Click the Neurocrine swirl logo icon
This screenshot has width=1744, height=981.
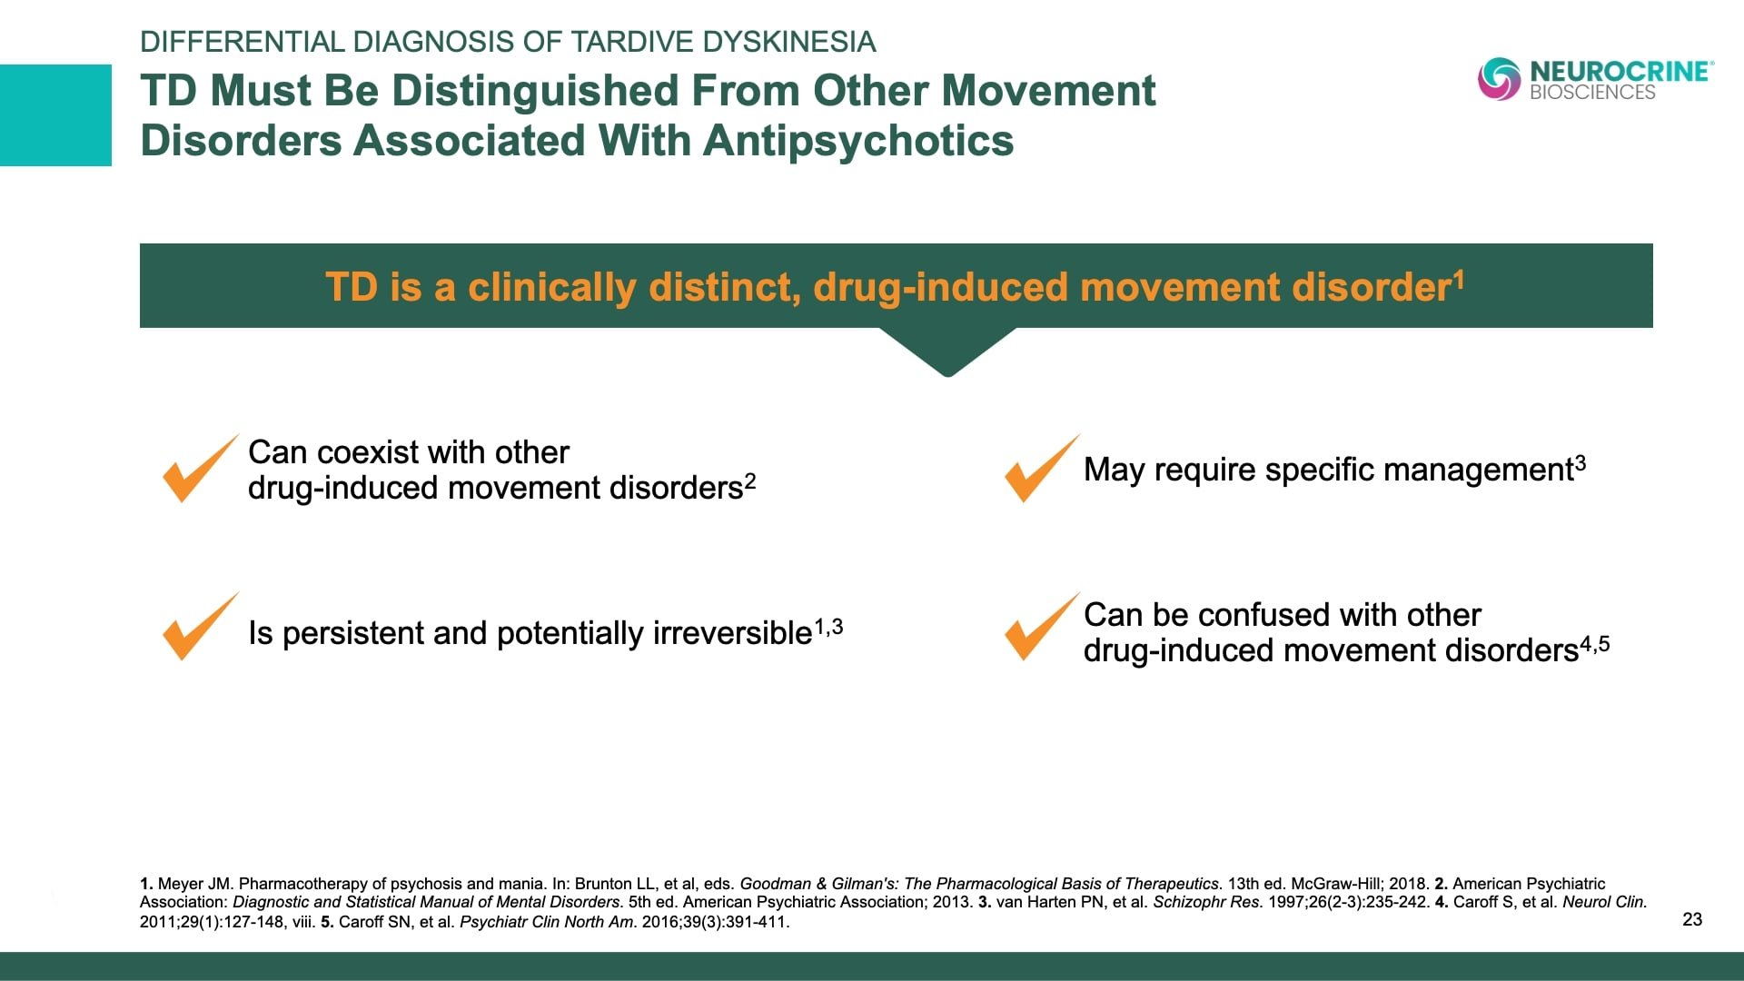1499,79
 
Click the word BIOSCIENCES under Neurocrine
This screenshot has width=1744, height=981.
1592,93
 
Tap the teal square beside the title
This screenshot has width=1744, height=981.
55,114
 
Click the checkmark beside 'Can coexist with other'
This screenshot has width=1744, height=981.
198,468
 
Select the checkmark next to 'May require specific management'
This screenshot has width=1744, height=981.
1040,468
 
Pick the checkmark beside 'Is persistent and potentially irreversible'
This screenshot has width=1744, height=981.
198,627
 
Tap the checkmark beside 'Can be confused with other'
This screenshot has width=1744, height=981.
1040,627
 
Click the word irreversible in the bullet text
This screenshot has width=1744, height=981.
731,633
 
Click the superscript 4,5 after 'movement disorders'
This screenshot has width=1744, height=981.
1594,644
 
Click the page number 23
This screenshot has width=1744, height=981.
1692,919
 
